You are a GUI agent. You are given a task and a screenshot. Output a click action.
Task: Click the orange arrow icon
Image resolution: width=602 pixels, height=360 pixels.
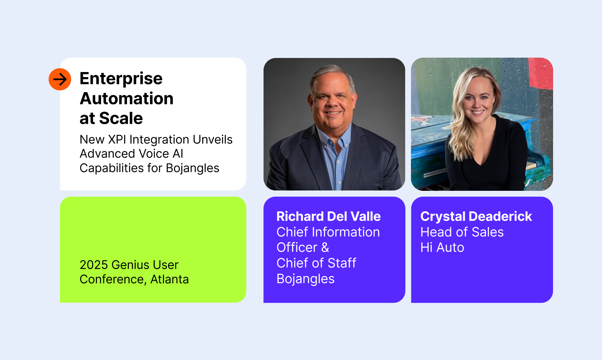point(60,79)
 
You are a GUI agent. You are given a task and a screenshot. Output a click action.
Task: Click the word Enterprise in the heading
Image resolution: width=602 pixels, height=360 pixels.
point(121,79)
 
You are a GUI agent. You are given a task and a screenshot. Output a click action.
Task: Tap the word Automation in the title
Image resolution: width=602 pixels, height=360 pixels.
point(126,99)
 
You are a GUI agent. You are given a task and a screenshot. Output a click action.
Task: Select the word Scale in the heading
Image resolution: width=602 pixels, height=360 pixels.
point(121,118)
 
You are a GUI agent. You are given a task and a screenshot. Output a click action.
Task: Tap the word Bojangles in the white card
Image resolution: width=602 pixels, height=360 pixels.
point(193,168)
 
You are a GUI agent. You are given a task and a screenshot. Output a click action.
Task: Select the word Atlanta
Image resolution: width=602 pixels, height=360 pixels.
point(169,279)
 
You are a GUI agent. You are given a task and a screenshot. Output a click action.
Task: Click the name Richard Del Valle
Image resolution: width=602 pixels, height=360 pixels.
point(328,217)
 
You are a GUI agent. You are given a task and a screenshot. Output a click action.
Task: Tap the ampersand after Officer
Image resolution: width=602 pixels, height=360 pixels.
point(325,248)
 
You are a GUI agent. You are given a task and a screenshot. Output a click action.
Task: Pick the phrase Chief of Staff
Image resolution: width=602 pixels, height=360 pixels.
point(316,263)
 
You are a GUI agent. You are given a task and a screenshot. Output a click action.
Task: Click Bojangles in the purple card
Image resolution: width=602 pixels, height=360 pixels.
point(305,279)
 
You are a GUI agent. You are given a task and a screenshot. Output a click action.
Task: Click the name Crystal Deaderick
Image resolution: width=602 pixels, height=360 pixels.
point(476,217)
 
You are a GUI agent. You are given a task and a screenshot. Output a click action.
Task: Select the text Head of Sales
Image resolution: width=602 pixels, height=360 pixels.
point(462,232)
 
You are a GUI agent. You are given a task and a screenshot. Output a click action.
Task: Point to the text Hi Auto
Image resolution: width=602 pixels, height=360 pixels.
point(442,248)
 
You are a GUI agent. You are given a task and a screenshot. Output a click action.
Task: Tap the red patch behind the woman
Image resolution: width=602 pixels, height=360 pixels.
point(541,74)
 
